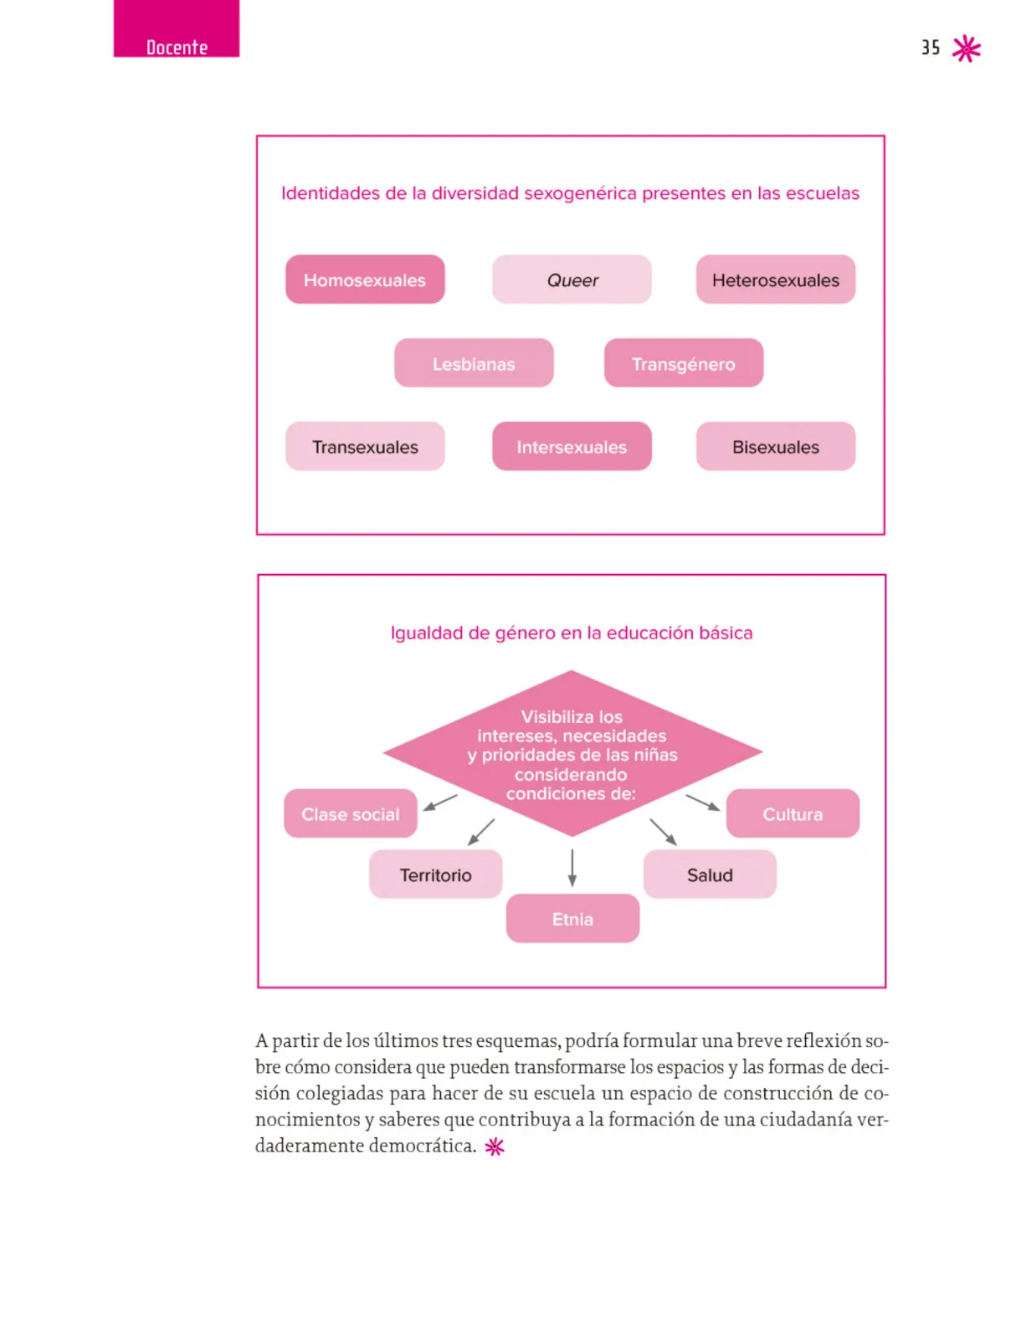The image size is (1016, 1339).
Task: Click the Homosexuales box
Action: click(x=365, y=280)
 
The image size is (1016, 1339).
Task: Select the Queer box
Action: click(x=572, y=280)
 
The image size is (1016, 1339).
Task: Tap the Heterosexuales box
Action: click(x=775, y=280)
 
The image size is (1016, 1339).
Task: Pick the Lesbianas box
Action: click(x=474, y=363)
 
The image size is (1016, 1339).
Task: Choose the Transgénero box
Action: click(x=683, y=363)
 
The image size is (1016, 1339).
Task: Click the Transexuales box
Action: click(x=365, y=446)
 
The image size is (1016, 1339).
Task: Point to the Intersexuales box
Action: click(x=572, y=446)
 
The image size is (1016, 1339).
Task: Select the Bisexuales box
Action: click(x=775, y=446)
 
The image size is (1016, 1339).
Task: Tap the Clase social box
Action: click(x=350, y=813)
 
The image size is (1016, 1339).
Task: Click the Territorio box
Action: click(x=435, y=875)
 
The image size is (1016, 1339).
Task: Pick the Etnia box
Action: click(x=572, y=918)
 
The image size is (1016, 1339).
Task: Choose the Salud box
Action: click(x=710, y=875)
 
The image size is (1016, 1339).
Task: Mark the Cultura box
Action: click(x=793, y=813)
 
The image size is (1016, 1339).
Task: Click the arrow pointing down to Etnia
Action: click(x=572, y=868)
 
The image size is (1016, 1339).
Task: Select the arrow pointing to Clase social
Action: click(x=439, y=803)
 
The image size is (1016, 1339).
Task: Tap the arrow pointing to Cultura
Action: click(x=702, y=803)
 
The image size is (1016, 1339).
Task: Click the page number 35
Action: click(x=930, y=48)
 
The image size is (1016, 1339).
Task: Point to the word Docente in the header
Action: click(x=177, y=48)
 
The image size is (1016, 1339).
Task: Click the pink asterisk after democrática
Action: click(x=495, y=1147)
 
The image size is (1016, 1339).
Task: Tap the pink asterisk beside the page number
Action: click(x=966, y=49)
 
